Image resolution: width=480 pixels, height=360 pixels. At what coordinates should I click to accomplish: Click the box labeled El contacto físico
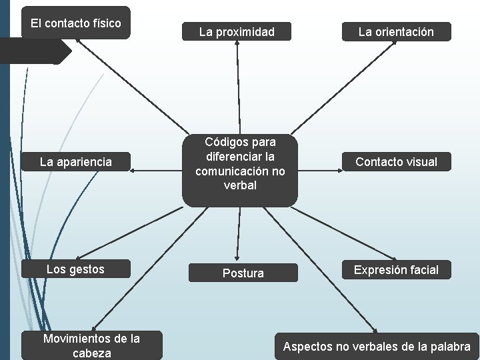pyautogui.click(x=76, y=23)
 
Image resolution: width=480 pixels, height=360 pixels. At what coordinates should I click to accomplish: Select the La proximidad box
pyautogui.click(x=237, y=32)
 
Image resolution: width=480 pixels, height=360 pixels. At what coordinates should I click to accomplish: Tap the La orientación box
pyautogui.click(x=396, y=32)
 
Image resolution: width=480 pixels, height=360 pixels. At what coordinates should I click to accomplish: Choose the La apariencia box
pyautogui.click(x=76, y=162)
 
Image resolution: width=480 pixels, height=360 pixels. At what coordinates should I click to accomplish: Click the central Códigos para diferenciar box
pyautogui.click(x=240, y=164)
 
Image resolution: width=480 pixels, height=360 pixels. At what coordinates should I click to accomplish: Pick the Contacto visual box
pyautogui.click(x=396, y=162)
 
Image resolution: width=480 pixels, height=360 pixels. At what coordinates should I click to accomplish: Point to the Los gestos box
pyautogui.click(x=75, y=269)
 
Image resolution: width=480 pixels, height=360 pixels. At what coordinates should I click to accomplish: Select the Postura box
pyautogui.click(x=243, y=273)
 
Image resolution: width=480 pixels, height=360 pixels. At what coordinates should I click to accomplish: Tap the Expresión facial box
pyautogui.click(x=396, y=270)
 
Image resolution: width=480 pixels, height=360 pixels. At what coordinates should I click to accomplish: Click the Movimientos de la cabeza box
pyautogui.click(x=91, y=345)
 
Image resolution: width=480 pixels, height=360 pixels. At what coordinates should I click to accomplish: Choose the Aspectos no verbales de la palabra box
pyautogui.click(x=377, y=347)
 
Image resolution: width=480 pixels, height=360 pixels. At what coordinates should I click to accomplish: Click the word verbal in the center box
pyautogui.click(x=240, y=185)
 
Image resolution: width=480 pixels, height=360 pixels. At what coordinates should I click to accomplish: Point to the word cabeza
pyautogui.click(x=91, y=353)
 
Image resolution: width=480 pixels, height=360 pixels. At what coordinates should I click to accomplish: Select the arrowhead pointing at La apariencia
pyautogui.click(x=133, y=171)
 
